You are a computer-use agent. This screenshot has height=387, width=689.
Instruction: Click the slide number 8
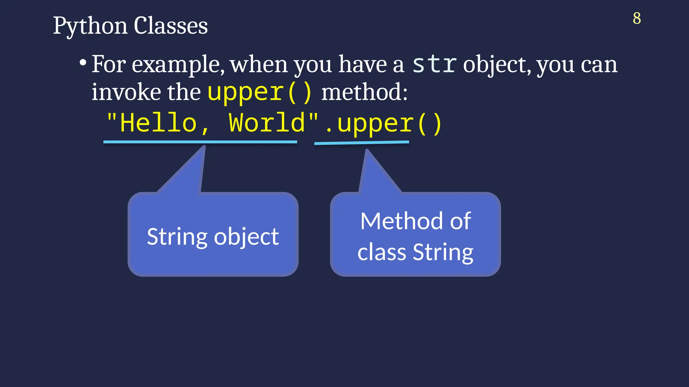637,18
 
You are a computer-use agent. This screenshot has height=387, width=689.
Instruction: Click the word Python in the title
90,26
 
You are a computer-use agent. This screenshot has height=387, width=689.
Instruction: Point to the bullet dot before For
83,63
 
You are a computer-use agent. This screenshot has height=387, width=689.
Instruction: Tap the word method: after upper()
364,92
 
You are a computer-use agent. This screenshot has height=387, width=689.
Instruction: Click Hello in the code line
158,123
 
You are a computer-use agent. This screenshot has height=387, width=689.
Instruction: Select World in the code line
266,123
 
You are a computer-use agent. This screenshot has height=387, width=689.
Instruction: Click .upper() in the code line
384,124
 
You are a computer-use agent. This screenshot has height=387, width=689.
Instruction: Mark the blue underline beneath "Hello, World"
200,142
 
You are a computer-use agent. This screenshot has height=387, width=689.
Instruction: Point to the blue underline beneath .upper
361,143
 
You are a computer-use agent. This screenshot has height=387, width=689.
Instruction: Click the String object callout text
213,236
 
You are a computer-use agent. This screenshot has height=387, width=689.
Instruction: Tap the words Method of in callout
415,221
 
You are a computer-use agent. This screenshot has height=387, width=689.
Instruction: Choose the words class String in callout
415,252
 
